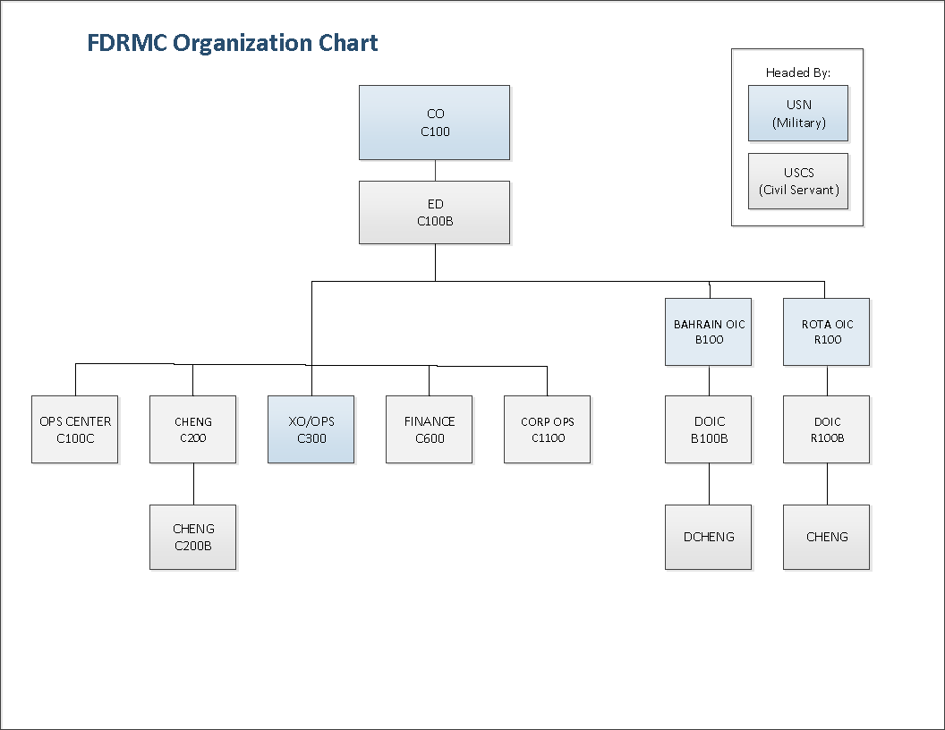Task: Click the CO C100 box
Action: tap(435, 123)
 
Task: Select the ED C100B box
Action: tap(435, 213)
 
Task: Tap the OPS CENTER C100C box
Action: tap(75, 429)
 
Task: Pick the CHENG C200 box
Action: tap(193, 429)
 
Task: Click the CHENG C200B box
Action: tap(193, 538)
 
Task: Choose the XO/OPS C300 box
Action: tap(311, 429)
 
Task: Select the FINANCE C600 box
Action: tap(430, 429)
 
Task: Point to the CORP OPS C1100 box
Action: tap(548, 429)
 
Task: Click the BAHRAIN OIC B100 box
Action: tap(708, 332)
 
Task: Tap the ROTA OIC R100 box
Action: tap(826, 332)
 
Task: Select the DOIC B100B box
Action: tap(708, 429)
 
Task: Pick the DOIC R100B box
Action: tap(826, 429)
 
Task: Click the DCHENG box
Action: tap(708, 538)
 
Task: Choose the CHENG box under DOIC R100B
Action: tap(826, 538)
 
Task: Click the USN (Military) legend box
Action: tap(798, 114)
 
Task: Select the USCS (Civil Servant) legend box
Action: tap(798, 182)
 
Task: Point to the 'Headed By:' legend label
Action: tap(798, 72)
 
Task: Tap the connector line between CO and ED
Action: tap(435, 171)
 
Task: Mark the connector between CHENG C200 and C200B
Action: tap(193, 484)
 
